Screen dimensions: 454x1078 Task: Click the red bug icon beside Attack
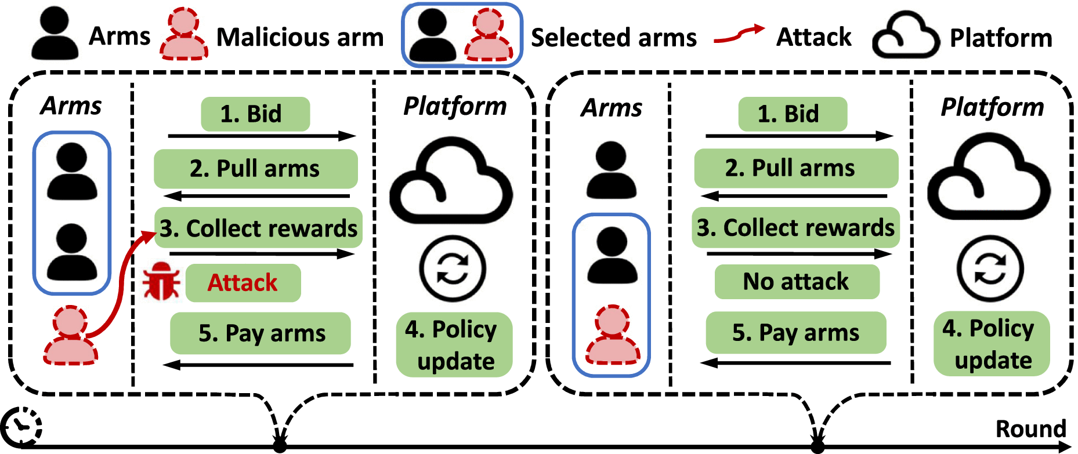tap(161, 281)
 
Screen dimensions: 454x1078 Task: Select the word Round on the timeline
tap(1030, 429)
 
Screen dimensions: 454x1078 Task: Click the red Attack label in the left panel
tap(243, 283)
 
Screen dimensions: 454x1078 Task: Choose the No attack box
tap(796, 282)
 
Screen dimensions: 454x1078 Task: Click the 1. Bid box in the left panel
tap(255, 114)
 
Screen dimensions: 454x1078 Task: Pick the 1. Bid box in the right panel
tap(792, 114)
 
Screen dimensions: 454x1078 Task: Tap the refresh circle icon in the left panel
tap(452, 268)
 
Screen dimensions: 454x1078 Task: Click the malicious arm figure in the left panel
tap(71, 336)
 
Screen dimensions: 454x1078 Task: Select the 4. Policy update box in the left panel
tap(454, 345)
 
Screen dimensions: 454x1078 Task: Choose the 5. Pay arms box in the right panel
tap(795, 333)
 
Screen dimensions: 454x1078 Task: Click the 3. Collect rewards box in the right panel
tap(795, 228)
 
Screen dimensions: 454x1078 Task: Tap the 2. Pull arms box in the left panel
tap(255, 169)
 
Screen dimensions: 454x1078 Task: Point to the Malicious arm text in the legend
tap(300, 37)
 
